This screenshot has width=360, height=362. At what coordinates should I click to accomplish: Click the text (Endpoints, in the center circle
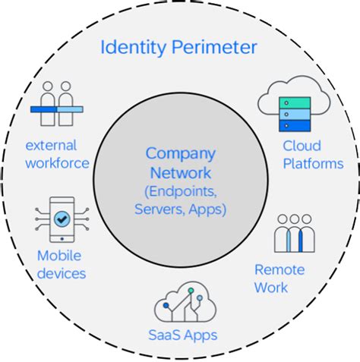pyautogui.click(x=180, y=190)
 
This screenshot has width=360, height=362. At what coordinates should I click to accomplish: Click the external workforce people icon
pyautogui.click(x=56, y=106)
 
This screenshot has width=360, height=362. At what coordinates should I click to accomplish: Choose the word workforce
pyautogui.click(x=56, y=162)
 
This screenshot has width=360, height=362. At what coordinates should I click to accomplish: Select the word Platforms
pyautogui.click(x=313, y=163)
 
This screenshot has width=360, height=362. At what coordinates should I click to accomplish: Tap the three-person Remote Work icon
pyautogui.click(x=294, y=234)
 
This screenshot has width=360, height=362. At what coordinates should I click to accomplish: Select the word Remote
pyautogui.click(x=279, y=269)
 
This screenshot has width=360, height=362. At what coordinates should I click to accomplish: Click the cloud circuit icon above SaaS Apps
pyautogui.click(x=182, y=300)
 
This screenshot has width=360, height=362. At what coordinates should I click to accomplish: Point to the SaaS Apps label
pyautogui.click(x=182, y=335)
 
